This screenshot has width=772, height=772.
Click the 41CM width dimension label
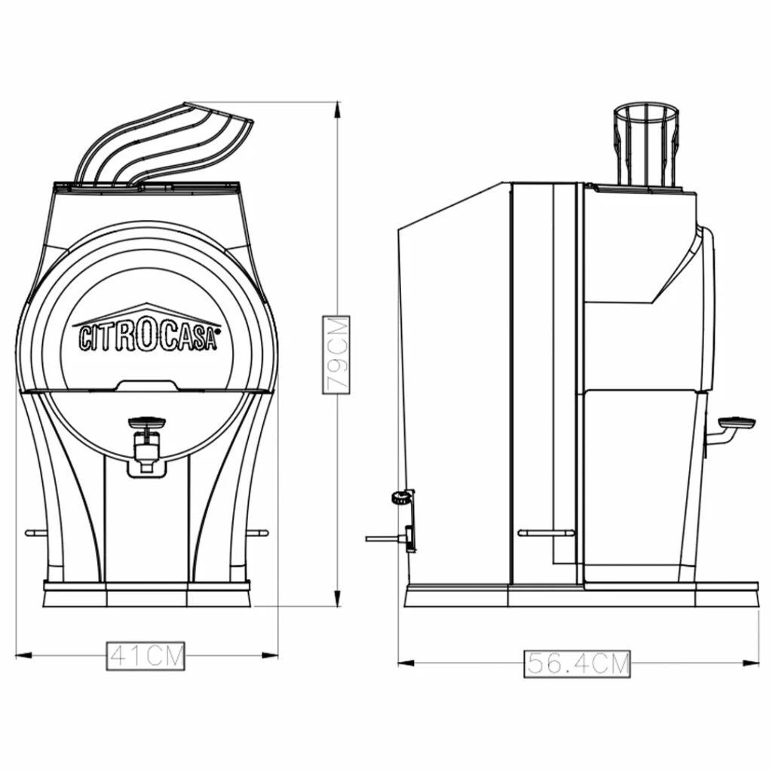click(x=146, y=656)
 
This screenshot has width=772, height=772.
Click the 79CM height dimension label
click(x=336, y=355)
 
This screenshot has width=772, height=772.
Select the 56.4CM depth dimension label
click(x=577, y=663)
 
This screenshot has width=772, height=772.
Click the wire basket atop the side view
click(x=646, y=146)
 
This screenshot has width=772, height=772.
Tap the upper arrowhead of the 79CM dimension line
click(x=337, y=110)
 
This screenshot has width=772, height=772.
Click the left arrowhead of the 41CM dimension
click(x=23, y=655)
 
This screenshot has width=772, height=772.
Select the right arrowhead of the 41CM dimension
click(x=270, y=655)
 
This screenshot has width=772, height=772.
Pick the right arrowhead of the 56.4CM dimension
click(x=750, y=663)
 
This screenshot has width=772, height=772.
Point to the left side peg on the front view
click(x=35, y=532)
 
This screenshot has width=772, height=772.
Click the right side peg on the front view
click(x=258, y=532)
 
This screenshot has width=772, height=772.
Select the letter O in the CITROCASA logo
click(x=146, y=335)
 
